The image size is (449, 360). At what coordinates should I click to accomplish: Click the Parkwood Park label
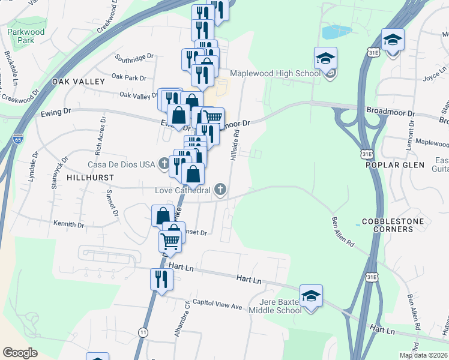pyautogui.click(x=22, y=35)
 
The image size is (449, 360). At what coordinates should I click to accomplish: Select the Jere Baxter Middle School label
pyautogui.click(x=280, y=306)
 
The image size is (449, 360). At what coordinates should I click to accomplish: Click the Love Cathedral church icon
pyautogui.click(x=220, y=190)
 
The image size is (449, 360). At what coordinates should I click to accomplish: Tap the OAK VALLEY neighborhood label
pyautogui.click(x=79, y=80)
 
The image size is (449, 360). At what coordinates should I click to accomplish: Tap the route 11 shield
pyautogui.click(x=142, y=332)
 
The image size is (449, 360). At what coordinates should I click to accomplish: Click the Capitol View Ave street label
pyautogui.click(x=217, y=305)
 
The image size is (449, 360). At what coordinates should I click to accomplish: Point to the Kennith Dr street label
pyautogui.click(x=68, y=224)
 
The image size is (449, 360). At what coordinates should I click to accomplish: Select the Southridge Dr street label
pyautogui.click(x=134, y=58)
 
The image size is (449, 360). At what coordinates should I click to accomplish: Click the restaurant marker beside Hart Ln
pyautogui.click(x=161, y=279)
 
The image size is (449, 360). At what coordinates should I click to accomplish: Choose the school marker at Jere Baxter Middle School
pyautogui.click(x=311, y=296)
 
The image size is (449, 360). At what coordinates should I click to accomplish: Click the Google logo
pyautogui.click(x=20, y=353)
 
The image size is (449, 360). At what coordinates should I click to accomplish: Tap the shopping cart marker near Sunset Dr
pyautogui.click(x=170, y=241)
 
